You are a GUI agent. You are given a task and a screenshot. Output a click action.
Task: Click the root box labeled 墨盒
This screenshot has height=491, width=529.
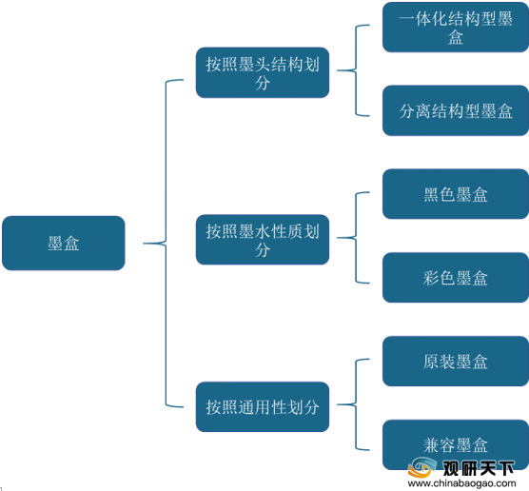64,243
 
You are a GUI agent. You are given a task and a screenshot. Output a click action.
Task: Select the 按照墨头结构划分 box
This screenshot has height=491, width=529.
263,72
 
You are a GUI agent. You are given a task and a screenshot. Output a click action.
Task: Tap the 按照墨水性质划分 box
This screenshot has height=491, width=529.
263,240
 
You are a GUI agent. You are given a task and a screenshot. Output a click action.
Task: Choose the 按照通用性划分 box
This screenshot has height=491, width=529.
263,406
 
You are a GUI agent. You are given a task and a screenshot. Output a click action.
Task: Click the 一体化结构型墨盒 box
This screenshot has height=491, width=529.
456,27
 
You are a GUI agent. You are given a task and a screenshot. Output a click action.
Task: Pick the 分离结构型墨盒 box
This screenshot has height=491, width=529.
456,110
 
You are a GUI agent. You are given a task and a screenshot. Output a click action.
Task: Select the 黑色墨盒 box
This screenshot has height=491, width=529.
456,194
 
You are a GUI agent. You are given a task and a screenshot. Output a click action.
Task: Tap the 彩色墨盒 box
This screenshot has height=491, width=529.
456,278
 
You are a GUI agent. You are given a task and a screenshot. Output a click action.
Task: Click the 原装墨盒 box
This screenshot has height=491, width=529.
456,361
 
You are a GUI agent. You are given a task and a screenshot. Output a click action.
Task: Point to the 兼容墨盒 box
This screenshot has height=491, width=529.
456,444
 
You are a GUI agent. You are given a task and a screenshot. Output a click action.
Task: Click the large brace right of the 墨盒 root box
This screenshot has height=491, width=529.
166,243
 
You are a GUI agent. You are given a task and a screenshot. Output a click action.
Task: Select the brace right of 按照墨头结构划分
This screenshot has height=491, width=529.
356,70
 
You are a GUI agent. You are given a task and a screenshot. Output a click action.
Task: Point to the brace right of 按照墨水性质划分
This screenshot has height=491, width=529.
356,238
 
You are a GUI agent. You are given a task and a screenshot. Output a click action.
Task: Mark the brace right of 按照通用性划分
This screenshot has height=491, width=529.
356,404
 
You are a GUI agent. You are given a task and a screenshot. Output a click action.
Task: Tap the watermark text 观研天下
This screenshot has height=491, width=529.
479,468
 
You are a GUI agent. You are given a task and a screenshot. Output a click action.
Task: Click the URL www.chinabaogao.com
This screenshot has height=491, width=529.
461,483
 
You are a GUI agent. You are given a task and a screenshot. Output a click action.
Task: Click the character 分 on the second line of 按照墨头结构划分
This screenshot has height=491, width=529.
263,82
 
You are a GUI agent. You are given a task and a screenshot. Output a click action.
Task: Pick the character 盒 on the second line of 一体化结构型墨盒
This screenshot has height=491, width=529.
456,37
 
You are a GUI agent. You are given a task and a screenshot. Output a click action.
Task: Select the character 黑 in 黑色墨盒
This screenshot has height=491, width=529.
431,195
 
